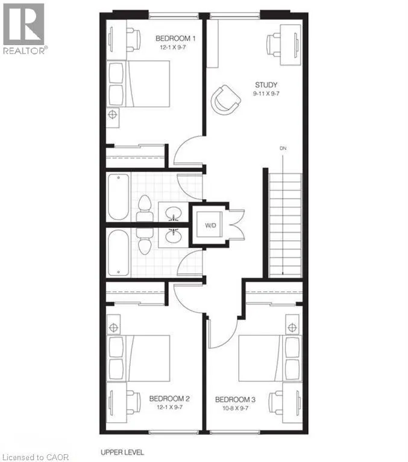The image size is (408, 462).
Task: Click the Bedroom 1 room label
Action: click(x=175, y=38)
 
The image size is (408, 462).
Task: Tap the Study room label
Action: click(x=266, y=85)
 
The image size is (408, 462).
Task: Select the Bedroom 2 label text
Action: click(x=169, y=399)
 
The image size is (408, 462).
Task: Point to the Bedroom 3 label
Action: click(x=235, y=399)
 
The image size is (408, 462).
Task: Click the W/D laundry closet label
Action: click(x=210, y=226)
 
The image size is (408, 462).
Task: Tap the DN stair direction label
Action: click(x=283, y=148)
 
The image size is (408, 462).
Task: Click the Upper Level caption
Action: click(x=122, y=452)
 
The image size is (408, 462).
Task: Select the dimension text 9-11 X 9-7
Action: click(x=266, y=94)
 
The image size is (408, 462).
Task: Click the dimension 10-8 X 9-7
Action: click(x=235, y=408)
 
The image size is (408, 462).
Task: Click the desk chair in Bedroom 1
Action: click(x=134, y=39)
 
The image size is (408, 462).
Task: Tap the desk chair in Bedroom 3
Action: click(x=275, y=401)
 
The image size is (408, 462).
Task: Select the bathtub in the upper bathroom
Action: click(x=118, y=197)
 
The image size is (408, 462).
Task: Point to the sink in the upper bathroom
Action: click(x=174, y=212)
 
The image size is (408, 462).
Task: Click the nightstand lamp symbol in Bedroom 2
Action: click(x=113, y=327)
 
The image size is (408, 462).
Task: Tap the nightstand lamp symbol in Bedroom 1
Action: click(x=112, y=114)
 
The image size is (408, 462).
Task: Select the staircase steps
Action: click(x=286, y=226)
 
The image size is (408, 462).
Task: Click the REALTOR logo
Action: click(x=24, y=29)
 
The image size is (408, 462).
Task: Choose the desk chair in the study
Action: click(x=274, y=45)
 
